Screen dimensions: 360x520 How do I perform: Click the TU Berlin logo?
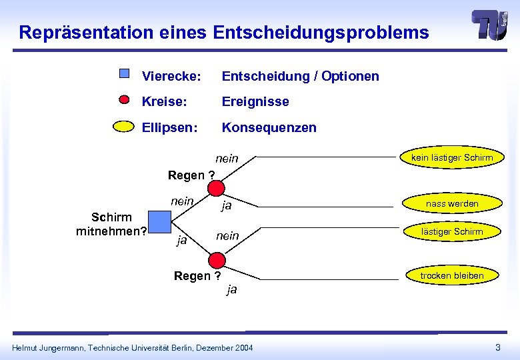(x=489, y=26)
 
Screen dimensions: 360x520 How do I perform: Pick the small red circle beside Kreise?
(x=124, y=101)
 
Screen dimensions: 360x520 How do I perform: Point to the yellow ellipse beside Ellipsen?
(x=123, y=127)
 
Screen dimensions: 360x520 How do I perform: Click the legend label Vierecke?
(x=171, y=76)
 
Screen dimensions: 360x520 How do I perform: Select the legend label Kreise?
(x=164, y=101)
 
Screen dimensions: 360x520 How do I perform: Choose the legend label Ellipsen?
(x=169, y=127)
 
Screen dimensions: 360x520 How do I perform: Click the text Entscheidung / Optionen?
(x=300, y=76)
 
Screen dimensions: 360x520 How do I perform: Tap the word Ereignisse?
(x=255, y=101)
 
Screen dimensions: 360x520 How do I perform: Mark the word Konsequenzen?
(x=269, y=127)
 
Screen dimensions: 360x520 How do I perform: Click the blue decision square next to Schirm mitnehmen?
(x=160, y=221)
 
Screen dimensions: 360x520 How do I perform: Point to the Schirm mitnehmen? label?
(x=111, y=225)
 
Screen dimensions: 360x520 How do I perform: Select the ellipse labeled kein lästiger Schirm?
(x=452, y=158)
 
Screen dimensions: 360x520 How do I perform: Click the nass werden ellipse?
(x=452, y=203)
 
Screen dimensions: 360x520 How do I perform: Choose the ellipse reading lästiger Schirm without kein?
(x=452, y=231)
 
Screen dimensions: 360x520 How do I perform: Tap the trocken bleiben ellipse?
(x=452, y=275)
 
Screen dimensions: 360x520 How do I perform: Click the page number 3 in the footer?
(x=497, y=347)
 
